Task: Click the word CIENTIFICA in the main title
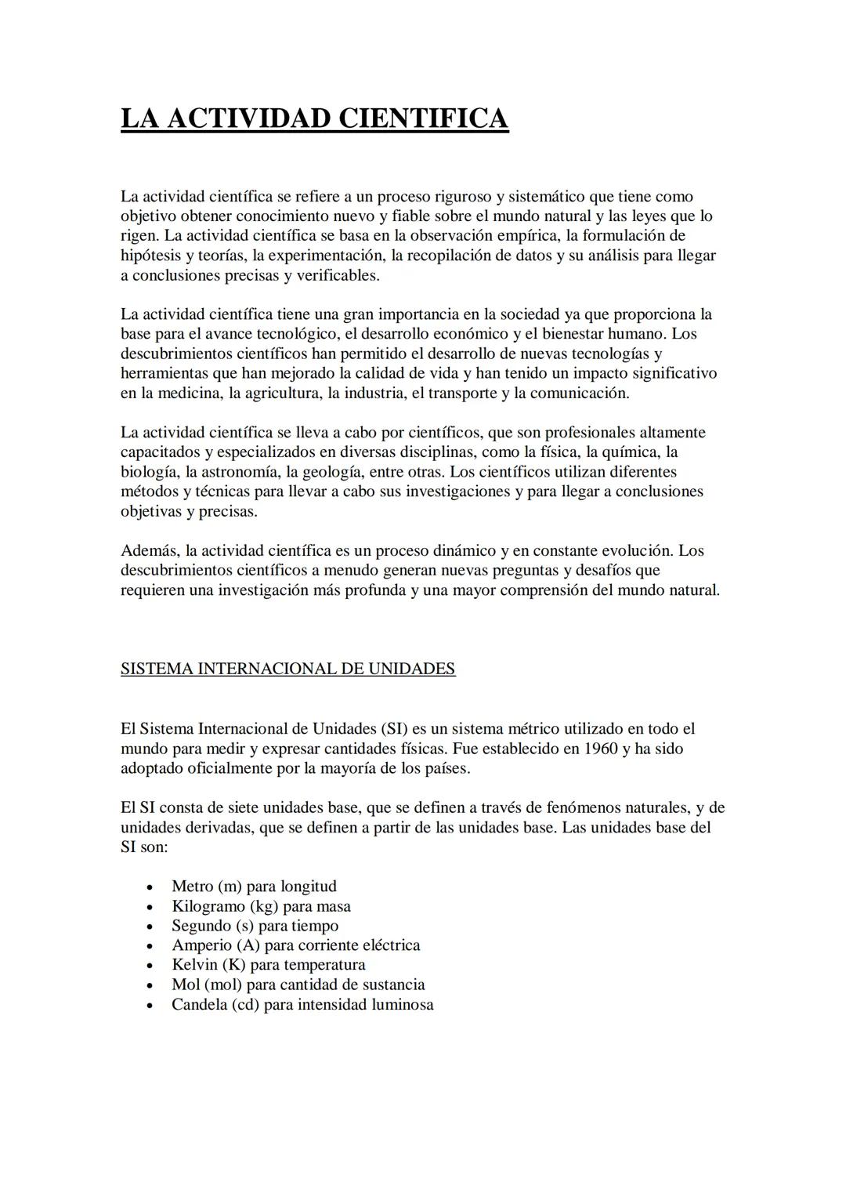pyautogui.click(x=423, y=118)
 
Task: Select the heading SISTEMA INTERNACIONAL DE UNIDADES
pyautogui.click(x=287, y=669)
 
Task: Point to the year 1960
pyautogui.click(x=601, y=749)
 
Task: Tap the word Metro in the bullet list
pyautogui.click(x=193, y=887)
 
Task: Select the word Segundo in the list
pyautogui.click(x=201, y=926)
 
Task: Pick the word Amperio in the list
pyautogui.click(x=201, y=945)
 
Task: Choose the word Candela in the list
pyautogui.click(x=199, y=1005)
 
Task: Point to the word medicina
pyautogui.click(x=189, y=394)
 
